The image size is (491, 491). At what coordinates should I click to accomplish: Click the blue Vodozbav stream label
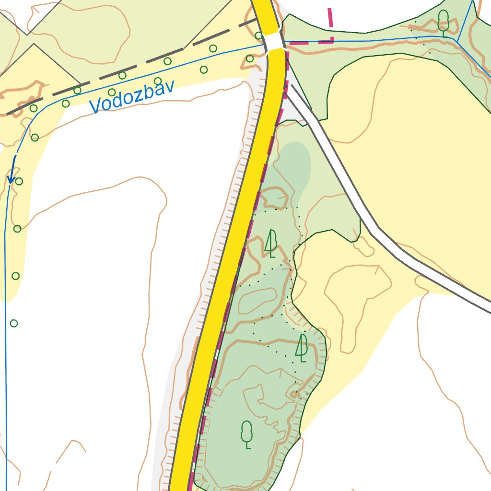(x=132, y=97)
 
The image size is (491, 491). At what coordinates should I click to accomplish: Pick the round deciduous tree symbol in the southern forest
(x=246, y=434)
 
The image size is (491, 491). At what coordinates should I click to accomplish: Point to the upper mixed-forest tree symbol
(x=271, y=243)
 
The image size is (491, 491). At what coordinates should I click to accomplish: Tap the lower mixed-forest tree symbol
(x=302, y=348)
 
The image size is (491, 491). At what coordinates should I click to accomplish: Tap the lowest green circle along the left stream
(x=14, y=323)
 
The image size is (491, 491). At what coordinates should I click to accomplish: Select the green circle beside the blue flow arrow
(x=19, y=181)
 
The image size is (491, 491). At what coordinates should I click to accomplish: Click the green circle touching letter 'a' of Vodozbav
(x=158, y=81)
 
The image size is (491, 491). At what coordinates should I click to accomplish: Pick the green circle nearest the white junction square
(x=258, y=35)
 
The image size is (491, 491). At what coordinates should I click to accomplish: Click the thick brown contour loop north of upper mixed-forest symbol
(x=274, y=198)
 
